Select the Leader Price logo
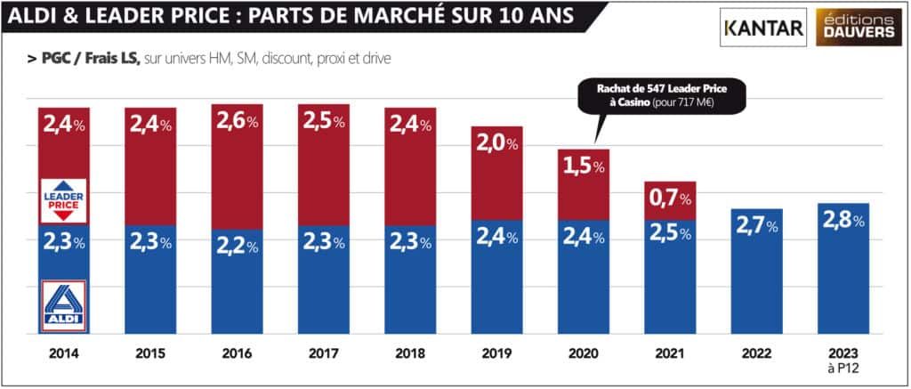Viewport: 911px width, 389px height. click(x=63, y=199)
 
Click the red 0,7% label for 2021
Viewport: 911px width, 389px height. click(x=669, y=199)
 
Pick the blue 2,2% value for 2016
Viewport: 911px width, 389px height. click(x=238, y=245)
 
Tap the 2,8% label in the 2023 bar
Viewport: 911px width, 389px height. click(x=842, y=219)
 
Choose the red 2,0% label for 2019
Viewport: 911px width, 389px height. click(x=496, y=143)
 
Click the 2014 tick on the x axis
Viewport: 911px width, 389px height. click(x=63, y=353)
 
